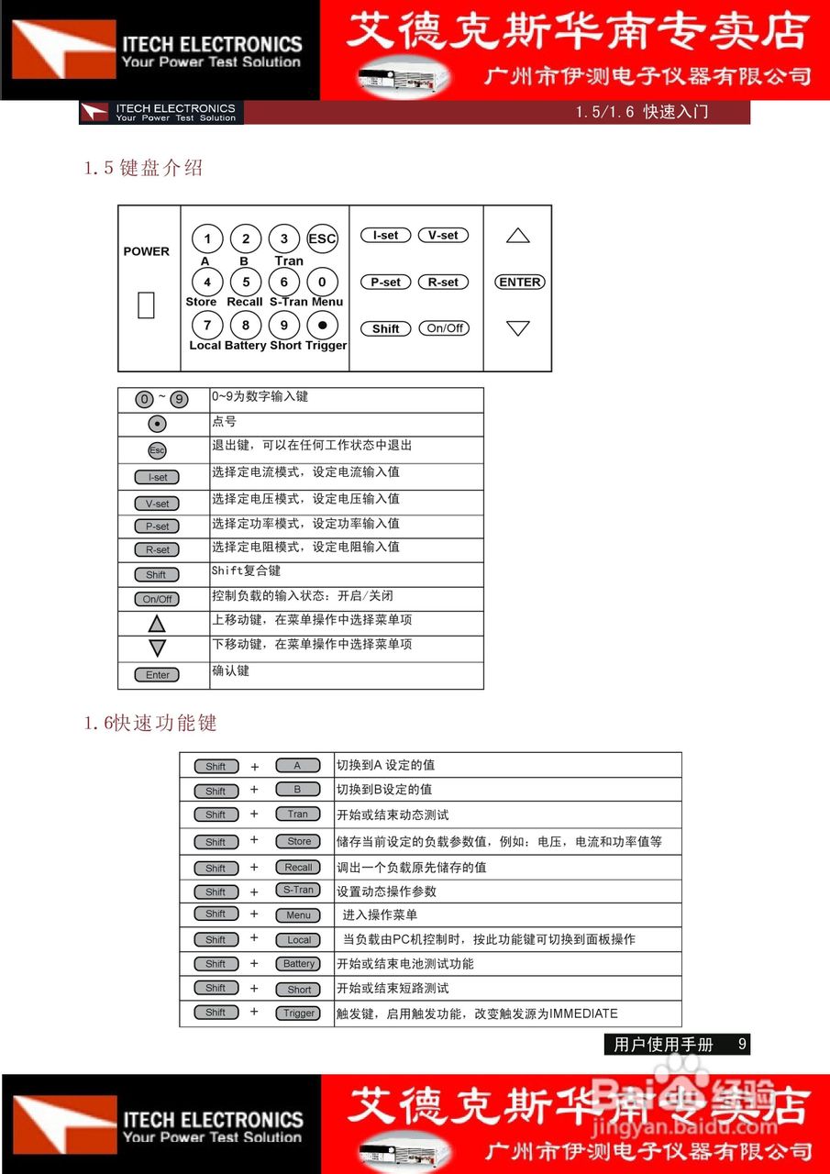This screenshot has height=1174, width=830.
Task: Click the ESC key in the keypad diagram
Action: [x=322, y=238]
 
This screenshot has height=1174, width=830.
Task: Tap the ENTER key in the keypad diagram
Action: [x=520, y=282]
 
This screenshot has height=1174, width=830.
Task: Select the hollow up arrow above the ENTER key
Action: [x=518, y=237]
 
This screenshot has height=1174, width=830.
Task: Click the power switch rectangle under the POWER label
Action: [x=146, y=305]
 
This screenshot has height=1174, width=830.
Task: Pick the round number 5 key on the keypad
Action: [x=246, y=282]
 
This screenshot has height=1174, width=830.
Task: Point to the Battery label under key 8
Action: [x=245, y=345]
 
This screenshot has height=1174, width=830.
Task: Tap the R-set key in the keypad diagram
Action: [x=443, y=282]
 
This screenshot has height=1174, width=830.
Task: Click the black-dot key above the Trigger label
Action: [x=322, y=325]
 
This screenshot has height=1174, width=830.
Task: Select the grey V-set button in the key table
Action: [x=157, y=504]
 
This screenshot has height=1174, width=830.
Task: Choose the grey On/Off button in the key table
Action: [x=157, y=599]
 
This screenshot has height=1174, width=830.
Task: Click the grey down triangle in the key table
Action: [x=157, y=648]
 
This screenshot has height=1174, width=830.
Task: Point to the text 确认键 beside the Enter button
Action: [x=230, y=670]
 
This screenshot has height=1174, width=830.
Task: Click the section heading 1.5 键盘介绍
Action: [x=143, y=168]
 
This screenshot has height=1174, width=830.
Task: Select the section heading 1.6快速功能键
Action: [x=150, y=723]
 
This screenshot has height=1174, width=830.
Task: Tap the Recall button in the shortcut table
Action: [x=298, y=867]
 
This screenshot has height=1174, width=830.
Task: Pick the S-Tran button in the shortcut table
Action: [x=298, y=890]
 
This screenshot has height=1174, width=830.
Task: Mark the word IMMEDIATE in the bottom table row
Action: [x=583, y=1013]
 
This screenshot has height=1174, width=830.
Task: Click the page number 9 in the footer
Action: [x=742, y=1044]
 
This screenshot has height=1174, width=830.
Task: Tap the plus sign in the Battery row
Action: [x=254, y=964]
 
